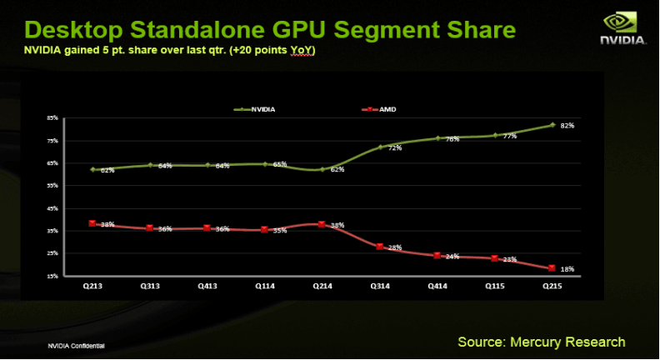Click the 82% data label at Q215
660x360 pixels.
567,126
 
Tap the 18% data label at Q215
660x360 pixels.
567,269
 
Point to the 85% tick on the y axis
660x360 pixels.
52,118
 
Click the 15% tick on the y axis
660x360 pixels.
52,276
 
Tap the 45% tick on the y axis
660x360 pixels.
52,208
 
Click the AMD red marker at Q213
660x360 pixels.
92,223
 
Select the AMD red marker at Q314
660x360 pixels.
379,247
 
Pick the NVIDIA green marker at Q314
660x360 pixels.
379,147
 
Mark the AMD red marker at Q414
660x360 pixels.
437,255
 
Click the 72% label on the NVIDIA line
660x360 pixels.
395,148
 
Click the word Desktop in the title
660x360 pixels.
71,30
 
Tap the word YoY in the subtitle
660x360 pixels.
302,50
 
